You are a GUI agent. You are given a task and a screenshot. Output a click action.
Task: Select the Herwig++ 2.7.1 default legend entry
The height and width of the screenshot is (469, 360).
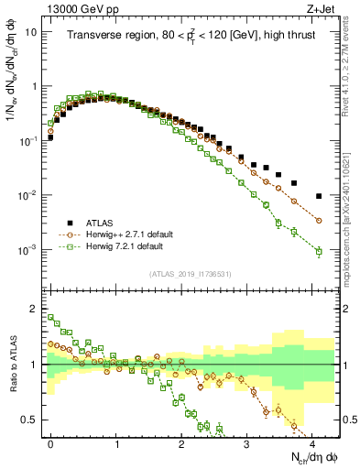point(128,234)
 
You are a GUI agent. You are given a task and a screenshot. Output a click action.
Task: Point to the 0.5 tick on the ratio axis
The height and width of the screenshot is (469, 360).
point(34,420)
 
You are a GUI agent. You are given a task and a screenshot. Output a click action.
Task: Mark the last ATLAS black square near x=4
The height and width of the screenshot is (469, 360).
point(318,196)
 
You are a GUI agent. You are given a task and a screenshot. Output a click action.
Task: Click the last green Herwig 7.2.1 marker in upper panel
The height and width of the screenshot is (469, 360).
point(318,251)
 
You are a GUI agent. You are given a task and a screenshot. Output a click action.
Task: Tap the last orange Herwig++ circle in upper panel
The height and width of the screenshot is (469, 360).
point(318,221)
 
